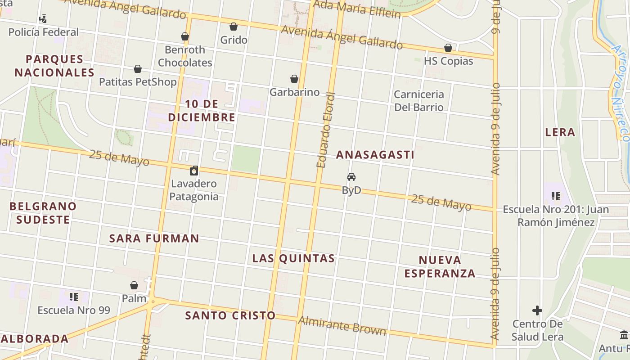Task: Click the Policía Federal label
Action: [x=44, y=32]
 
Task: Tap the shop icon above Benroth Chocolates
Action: [x=185, y=36]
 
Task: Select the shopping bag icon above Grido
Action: [x=234, y=27]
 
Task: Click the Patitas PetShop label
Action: [x=138, y=82]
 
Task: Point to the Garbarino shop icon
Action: [x=294, y=79]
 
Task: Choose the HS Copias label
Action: [x=449, y=61]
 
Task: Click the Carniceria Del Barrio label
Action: [x=419, y=101]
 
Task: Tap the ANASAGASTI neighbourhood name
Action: [x=375, y=155]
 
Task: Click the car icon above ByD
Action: [x=351, y=177]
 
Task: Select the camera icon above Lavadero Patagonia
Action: [x=194, y=171]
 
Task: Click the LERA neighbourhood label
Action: [x=560, y=132]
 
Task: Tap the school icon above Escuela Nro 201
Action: [x=556, y=196]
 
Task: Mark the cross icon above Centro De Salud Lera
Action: [x=537, y=310]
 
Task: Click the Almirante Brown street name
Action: [x=342, y=326]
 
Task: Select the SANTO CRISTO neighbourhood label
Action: [x=230, y=315]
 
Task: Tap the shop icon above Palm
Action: [x=134, y=285]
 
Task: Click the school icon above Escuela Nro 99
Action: [x=74, y=297]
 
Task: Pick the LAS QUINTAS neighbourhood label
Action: [x=293, y=258]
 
